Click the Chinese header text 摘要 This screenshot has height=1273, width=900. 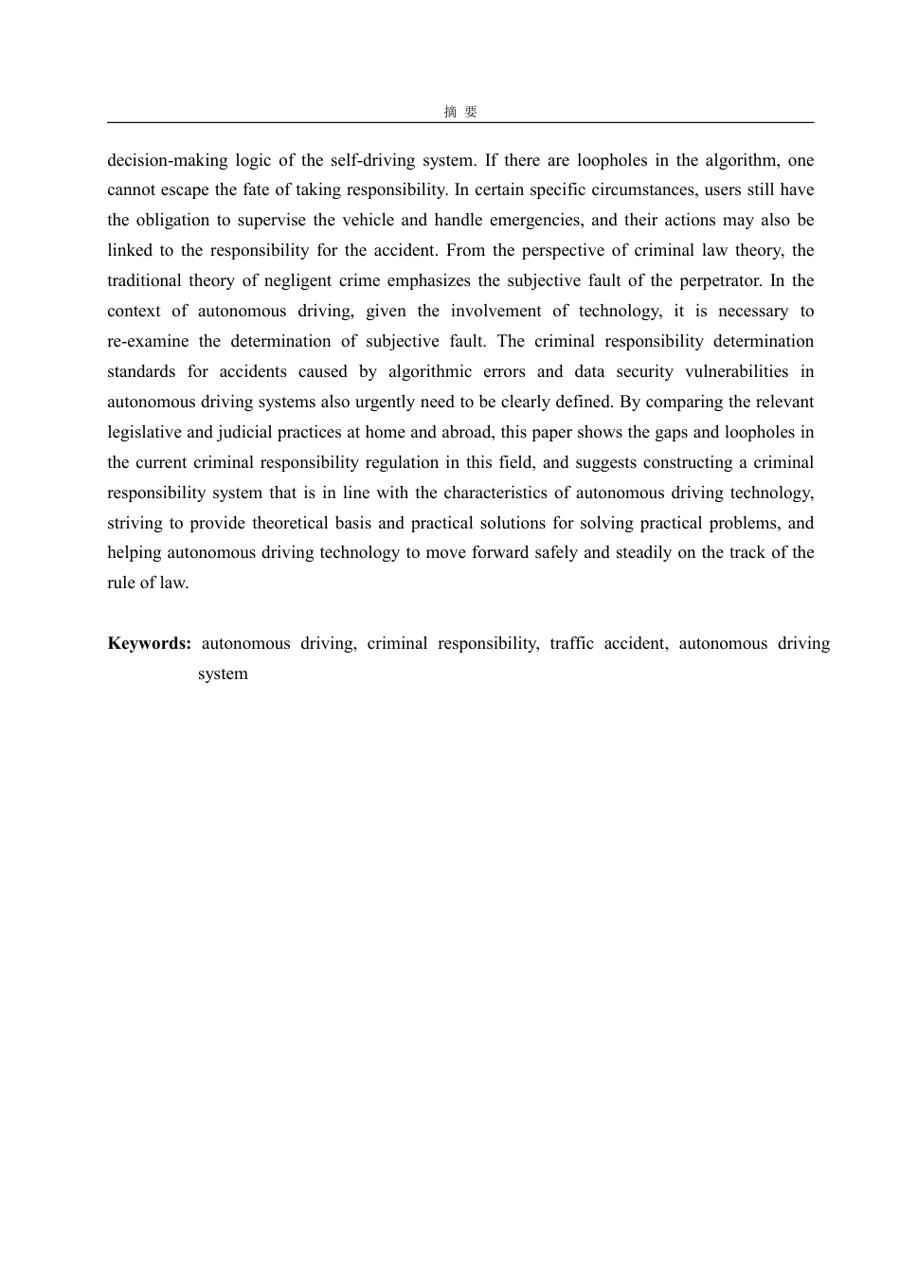pyautogui.click(x=460, y=112)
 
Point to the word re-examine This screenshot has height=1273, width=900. pyautogui.click(x=148, y=341)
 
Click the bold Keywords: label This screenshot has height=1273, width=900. pyautogui.click(x=150, y=643)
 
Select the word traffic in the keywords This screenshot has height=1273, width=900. pyautogui.click(x=571, y=643)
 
